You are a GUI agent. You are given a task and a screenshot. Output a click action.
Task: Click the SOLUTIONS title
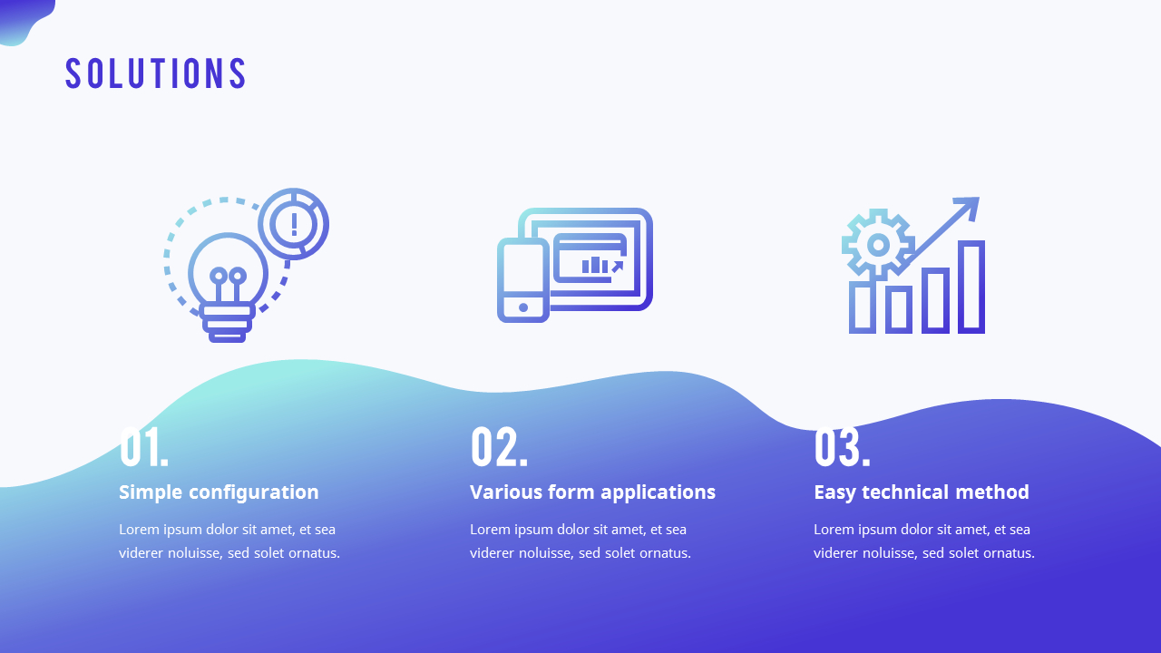[155, 73]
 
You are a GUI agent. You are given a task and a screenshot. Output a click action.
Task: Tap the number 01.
[144, 447]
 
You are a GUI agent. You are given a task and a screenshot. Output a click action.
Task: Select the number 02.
[499, 447]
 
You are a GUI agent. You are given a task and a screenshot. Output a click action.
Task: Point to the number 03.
[843, 447]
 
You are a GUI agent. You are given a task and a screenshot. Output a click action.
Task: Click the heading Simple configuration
[219, 492]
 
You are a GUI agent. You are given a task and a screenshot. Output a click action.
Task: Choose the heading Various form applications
[592, 492]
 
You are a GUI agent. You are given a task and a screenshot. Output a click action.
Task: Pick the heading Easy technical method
[922, 492]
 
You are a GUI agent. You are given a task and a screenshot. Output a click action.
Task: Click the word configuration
[253, 492]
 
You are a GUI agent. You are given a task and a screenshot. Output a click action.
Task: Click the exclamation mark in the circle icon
[294, 224]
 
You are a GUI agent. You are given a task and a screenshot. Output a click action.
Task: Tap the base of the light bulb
[227, 323]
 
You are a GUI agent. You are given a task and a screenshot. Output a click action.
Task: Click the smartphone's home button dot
[523, 307]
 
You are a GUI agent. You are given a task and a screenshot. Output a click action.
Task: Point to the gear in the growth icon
[878, 245]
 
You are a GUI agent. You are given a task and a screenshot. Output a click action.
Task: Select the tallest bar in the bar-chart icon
[971, 287]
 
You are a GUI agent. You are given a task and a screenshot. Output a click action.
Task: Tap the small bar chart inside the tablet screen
[594, 265]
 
